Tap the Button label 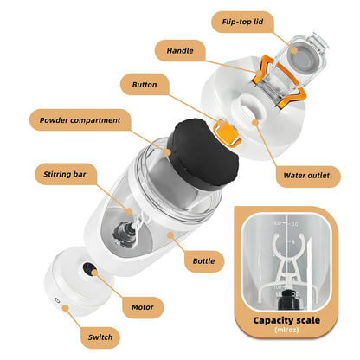tap(150, 85)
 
